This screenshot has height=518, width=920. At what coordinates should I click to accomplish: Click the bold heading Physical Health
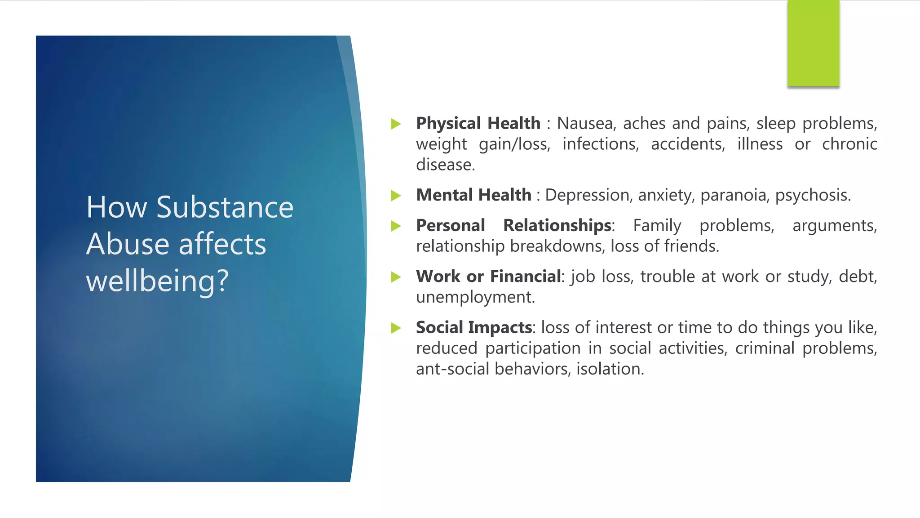(x=478, y=123)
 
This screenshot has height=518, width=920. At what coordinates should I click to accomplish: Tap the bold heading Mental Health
(x=473, y=195)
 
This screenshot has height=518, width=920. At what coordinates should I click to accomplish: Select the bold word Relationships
(x=557, y=225)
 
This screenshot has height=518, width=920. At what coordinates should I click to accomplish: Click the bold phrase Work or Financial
(x=488, y=276)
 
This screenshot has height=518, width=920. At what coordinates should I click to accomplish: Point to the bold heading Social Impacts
(x=474, y=327)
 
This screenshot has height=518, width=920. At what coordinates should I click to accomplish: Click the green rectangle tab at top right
(x=813, y=44)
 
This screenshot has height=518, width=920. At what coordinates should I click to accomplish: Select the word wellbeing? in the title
(x=157, y=281)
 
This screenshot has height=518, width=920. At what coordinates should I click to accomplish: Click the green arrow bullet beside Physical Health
(x=396, y=124)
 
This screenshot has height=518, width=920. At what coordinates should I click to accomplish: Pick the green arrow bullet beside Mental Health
(x=396, y=196)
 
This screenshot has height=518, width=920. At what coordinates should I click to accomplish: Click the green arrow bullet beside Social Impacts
(x=396, y=328)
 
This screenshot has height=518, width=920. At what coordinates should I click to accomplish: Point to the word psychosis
(x=813, y=195)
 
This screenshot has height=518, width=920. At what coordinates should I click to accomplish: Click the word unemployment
(x=475, y=297)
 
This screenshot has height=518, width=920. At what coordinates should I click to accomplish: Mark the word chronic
(x=849, y=144)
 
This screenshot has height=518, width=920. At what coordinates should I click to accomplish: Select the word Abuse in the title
(x=127, y=244)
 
